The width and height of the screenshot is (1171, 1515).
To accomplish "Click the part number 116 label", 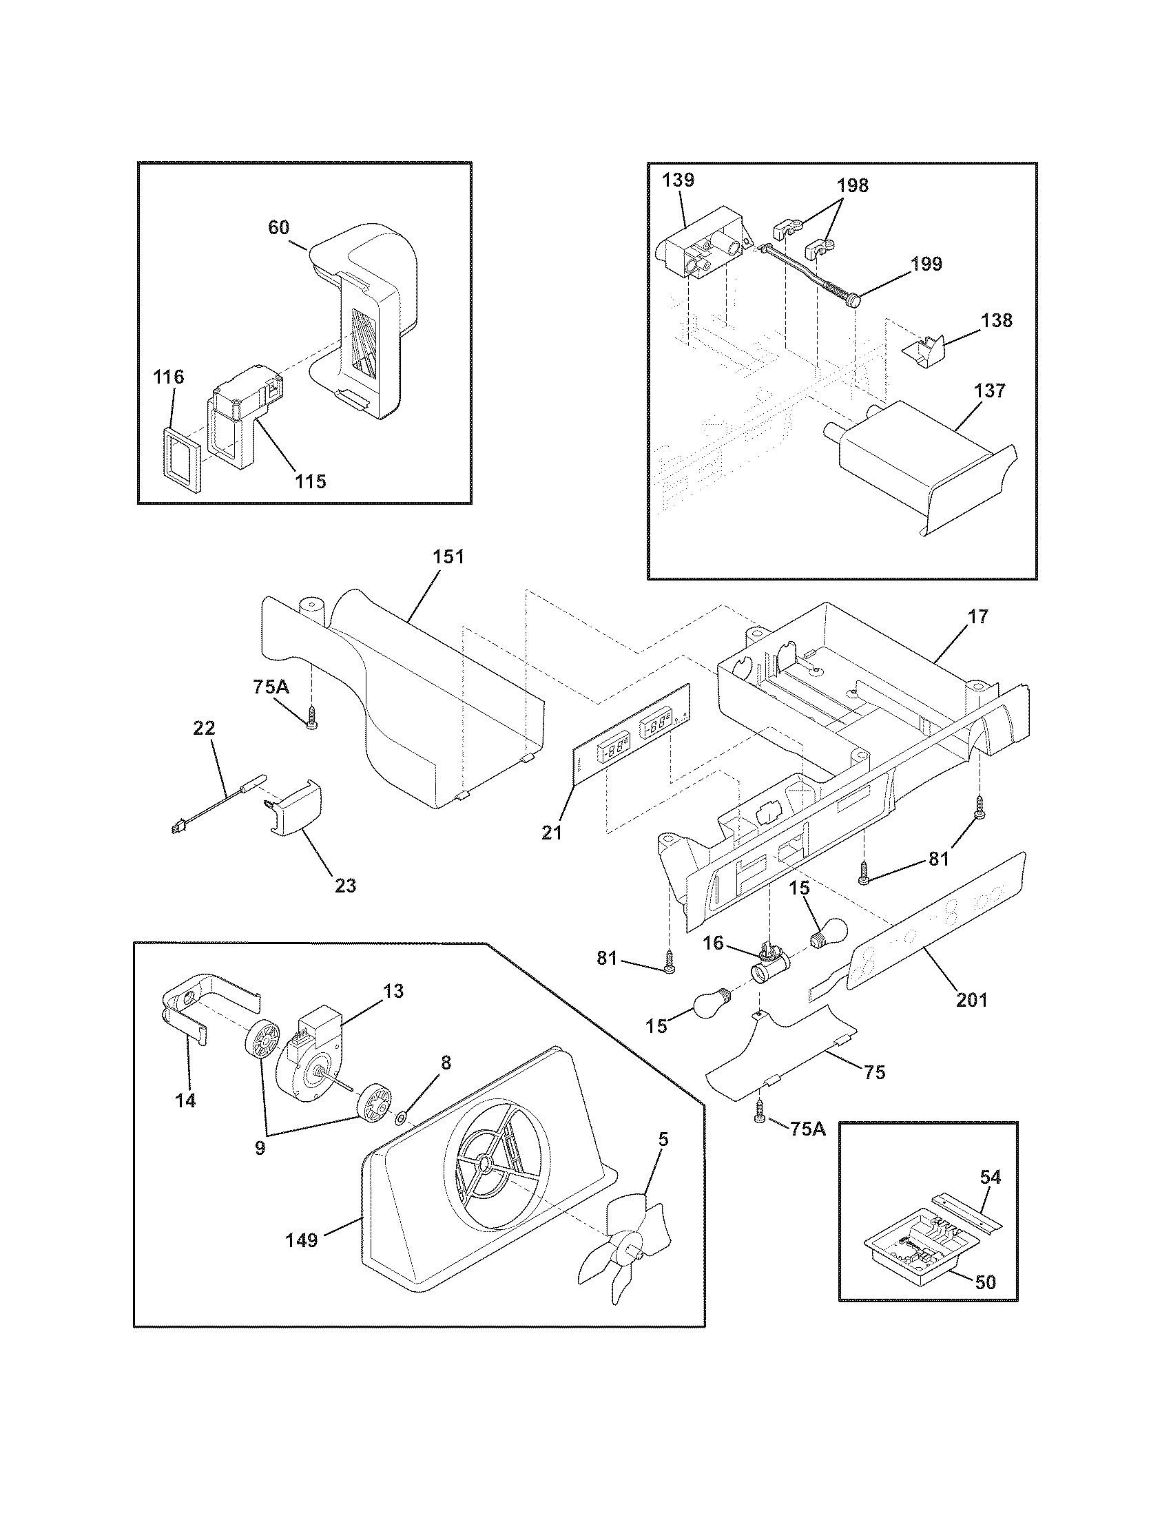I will click(x=169, y=377).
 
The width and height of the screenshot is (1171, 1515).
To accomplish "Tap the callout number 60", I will click(x=278, y=227).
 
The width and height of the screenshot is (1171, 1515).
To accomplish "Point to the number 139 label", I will click(x=677, y=180).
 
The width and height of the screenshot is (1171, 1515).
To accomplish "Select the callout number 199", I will click(x=928, y=264).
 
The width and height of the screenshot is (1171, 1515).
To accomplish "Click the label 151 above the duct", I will click(x=448, y=557).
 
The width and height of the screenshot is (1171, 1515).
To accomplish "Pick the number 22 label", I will click(x=204, y=729).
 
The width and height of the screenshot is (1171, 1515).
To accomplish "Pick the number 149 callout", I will click(x=302, y=1240).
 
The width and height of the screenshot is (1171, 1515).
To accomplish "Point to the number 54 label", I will click(x=991, y=1176).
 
